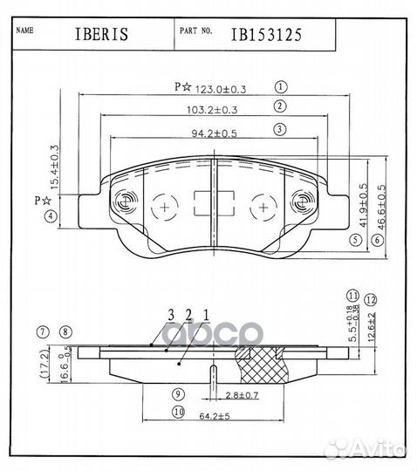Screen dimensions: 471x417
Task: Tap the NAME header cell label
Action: coord(25,30)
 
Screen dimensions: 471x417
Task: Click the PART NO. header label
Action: coord(195,31)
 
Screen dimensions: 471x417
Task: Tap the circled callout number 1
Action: coord(281,87)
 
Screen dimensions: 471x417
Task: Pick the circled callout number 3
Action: coord(281,129)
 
